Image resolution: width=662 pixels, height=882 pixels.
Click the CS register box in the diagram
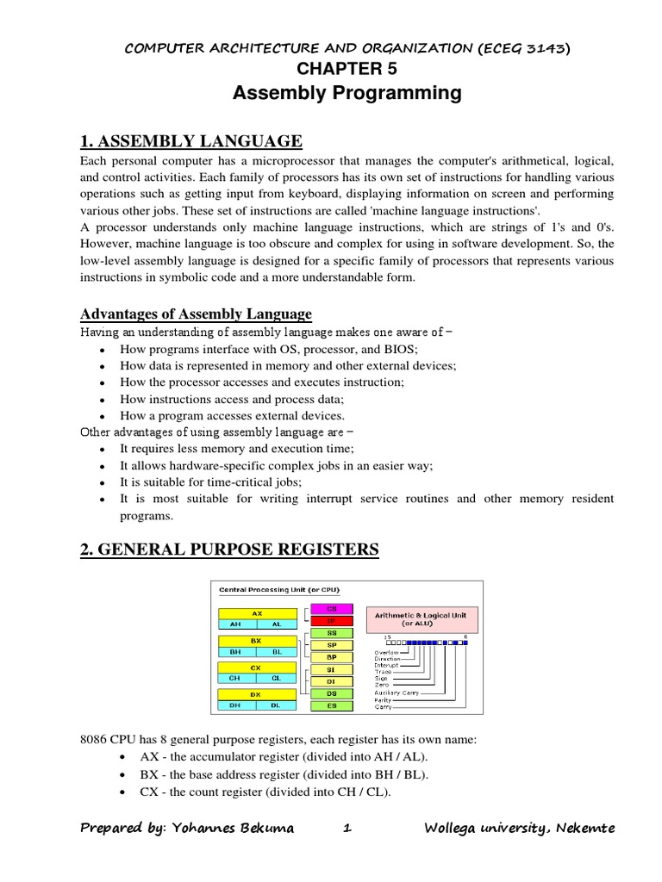[331, 607]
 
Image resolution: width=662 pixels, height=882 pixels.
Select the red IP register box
[331, 619]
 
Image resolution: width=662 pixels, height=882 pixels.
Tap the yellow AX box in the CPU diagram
[256, 613]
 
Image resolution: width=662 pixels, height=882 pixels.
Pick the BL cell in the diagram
[276, 651]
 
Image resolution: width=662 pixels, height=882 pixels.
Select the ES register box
[331, 705]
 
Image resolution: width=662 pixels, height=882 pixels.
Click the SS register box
[331, 632]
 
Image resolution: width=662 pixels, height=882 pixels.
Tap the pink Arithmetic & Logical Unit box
[417, 618]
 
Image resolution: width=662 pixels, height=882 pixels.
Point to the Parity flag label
[383, 699]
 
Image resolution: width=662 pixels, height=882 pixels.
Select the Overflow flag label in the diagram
[387, 652]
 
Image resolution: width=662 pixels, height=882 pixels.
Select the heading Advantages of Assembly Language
[197, 314]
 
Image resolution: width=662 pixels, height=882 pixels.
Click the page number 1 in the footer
[347, 828]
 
